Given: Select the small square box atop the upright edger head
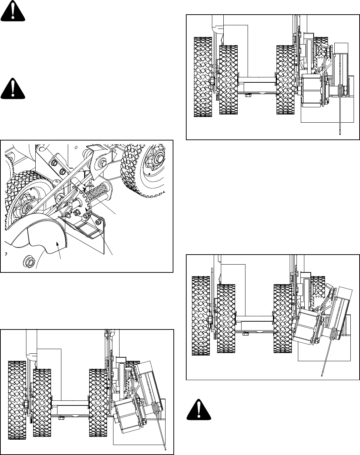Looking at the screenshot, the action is pyautogui.click(x=342, y=48).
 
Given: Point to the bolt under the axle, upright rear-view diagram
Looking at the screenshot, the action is pyautogui.click(x=249, y=94).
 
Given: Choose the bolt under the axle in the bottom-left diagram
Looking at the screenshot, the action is pyautogui.click(x=62, y=417).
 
